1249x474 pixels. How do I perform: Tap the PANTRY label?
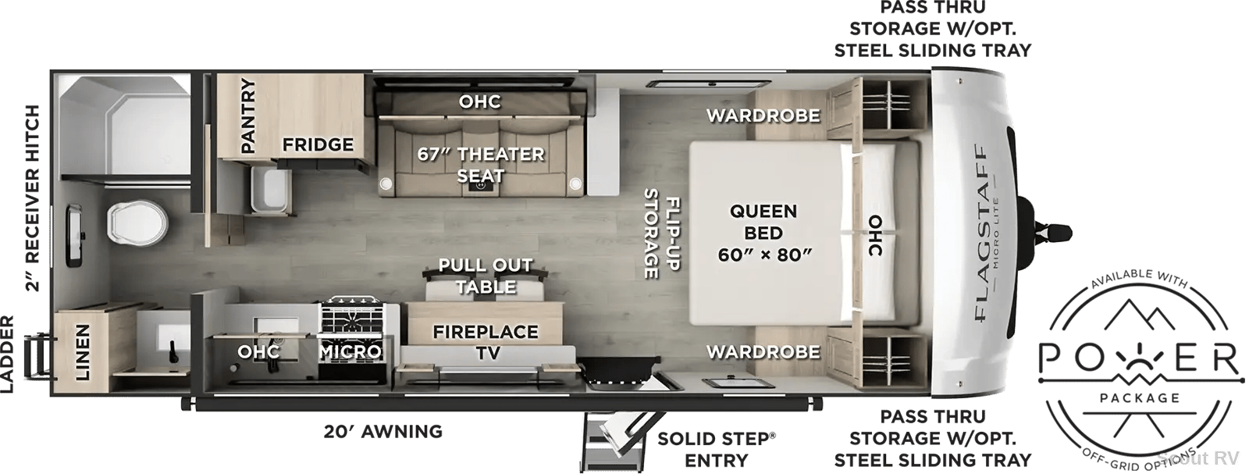pyautogui.click(x=247, y=116)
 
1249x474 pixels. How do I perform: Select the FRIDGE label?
pyautogui.click(x=318, y=144)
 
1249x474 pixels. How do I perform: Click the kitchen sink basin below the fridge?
pyautogui.click(x=271, y=191)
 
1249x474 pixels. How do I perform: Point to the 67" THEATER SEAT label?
pyautogui.click(x=481, y=165)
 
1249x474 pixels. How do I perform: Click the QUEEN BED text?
pyautogui.click(x=763, y=222)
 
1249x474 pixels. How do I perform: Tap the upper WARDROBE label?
pyautogui.click(x=763, y=116)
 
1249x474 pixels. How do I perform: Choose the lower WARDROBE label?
pyautogui.click(x=763, y=352)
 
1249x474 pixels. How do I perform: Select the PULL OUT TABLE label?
pyautogui.click(x=486, y=276)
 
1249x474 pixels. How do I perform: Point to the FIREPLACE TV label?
pyautogui.click(x=486, y=342)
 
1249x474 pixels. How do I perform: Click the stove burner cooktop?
pyautogui.click(x=351, y=318)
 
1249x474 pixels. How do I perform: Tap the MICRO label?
pyautogui.click(x=351, y=351)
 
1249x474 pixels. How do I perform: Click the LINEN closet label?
pyautogui.click(x=82, y=352)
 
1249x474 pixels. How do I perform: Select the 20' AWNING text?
pyautogui.click(x=383, y=431)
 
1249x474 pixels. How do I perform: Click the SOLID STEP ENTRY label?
pyautogui.click(x=717, y=450)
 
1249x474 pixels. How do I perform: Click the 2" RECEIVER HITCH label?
pyautogui.click(x=33, y=198)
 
